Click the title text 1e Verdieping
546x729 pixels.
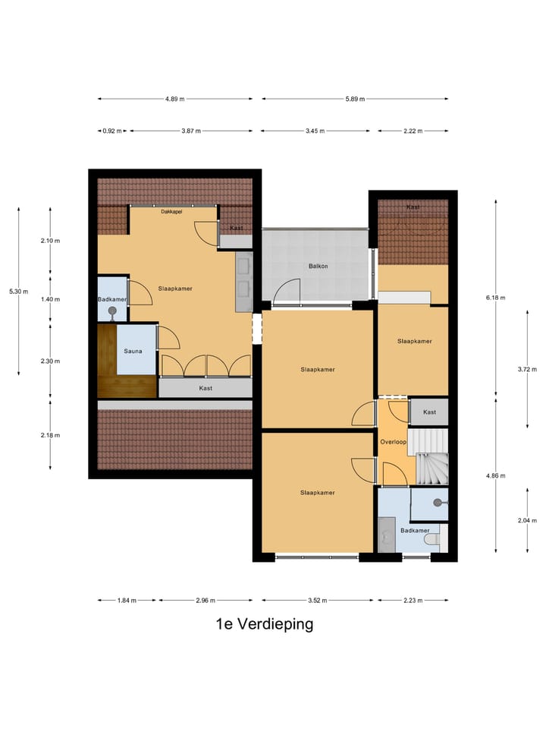(x=265, y=624)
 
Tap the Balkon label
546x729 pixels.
(x=318, y=267)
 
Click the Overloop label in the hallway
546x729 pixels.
(x=393, y=440)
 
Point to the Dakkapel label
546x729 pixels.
(x=172, y=212)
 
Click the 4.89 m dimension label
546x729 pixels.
(x=174, y=99)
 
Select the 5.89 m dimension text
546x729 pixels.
(x=354, y=99)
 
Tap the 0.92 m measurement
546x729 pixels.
(x=112, y=131)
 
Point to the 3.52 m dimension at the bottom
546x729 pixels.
(x=317, y=600)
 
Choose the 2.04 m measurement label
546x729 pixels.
(x=528, y=521)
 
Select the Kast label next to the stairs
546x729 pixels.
(x=429, y=412)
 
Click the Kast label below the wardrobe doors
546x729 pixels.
(x=205, y=388)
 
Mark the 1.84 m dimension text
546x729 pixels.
(x=127, y=600)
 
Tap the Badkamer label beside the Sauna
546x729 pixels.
(x=111, y=300)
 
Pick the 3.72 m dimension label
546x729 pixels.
(x=528, y=369)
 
